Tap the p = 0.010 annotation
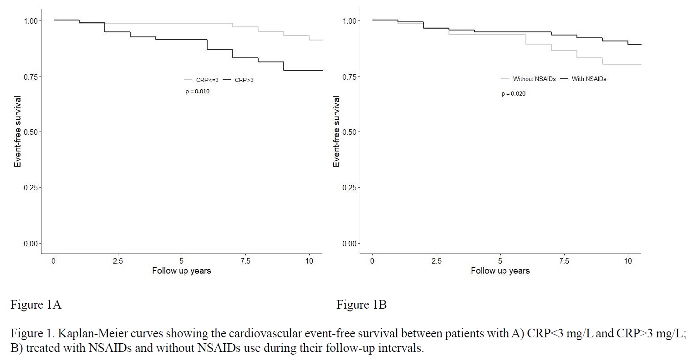tap(197, 92)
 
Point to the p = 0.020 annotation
tap(514, 94)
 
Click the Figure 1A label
tap(36, 305)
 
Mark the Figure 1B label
tap(362, 305)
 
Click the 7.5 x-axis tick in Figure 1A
tap(245, 261)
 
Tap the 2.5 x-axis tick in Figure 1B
tap(437, 261)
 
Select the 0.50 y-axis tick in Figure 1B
tap(349, 132)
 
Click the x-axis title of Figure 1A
tap(181, 271)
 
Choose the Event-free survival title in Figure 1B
tap(336, 132)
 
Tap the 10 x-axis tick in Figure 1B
tap(628, 261)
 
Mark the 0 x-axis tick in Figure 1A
tap(54, 261)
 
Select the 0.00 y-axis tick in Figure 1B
tap(349, 244)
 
